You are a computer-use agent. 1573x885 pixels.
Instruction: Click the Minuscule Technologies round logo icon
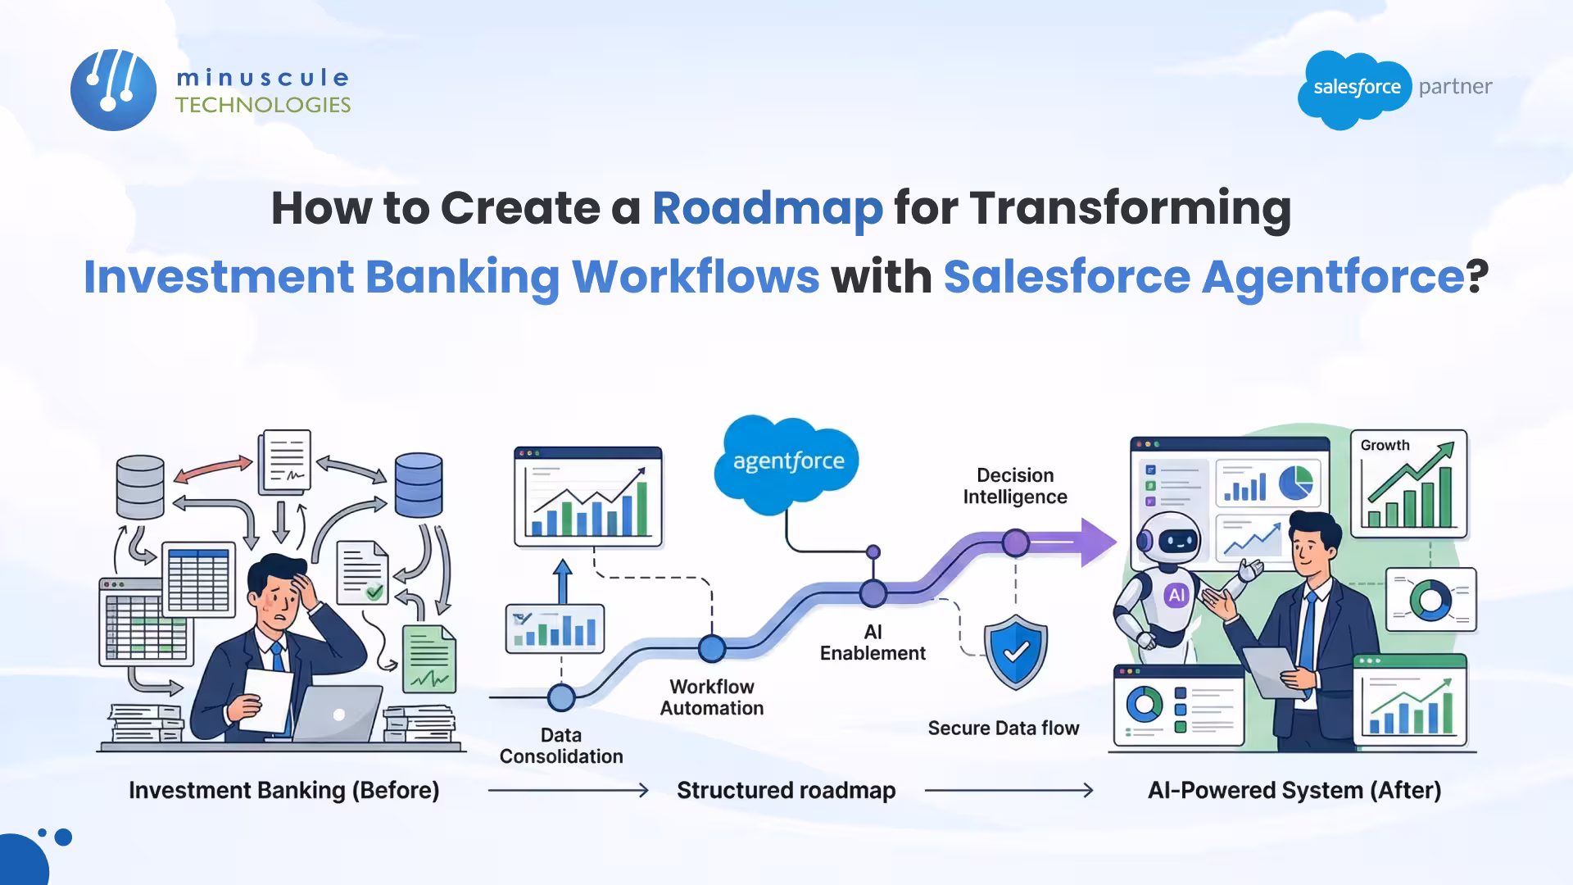[x=113, y=90]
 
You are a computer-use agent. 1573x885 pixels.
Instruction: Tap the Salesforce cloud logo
[x=1356, y=88]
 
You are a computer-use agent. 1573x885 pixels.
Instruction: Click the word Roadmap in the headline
[x=768, y=208]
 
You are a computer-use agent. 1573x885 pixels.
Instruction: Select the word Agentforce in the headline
[x=1333, y=276]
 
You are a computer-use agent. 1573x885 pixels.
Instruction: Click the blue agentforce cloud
[x=787, y=462]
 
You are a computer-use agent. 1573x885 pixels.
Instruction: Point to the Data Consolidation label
[x=561, y=746]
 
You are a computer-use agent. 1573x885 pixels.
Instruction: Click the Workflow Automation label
[x=712, y=697]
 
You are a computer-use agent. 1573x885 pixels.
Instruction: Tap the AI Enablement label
[x=873, y=642]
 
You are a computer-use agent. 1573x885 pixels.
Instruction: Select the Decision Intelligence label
[x=1015, y=486]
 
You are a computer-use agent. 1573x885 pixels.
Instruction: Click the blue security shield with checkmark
[x=1016, y=651]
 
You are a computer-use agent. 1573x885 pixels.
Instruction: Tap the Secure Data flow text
[x=1003, y=728]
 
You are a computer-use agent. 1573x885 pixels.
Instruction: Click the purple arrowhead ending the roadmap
[x=1098, y=542]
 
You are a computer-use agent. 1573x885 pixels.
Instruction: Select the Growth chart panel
[x=1408, y=483]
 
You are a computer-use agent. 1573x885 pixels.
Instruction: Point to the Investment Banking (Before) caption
[x=283, y=790]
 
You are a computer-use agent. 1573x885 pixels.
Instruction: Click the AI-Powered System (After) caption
[x=1294, y=790]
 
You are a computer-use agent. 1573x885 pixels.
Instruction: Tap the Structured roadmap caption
[x=786, y=790]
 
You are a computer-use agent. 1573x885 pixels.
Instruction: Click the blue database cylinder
[x=419, y=485]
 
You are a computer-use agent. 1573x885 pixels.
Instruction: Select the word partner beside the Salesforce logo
[x=1455, y=86]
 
